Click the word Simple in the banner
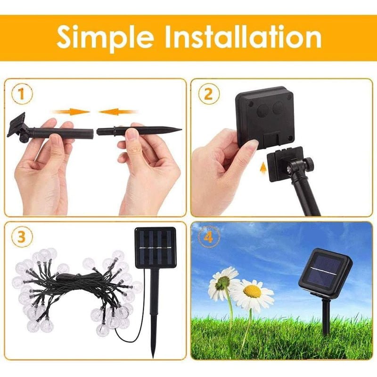(105, 38)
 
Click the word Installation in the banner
(243, 37)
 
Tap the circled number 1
(22, 94)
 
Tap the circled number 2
(209, 94)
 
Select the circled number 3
(22, 237)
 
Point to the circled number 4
(209, 237)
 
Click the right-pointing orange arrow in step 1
(71, 112)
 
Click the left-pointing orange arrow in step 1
(118, 112)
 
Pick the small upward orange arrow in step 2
(263, 167)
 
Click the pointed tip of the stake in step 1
(181, 131)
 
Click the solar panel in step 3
(156, 248)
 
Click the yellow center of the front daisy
(252, 291)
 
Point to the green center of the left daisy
(222, 282)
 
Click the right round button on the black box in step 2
(279, 107)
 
